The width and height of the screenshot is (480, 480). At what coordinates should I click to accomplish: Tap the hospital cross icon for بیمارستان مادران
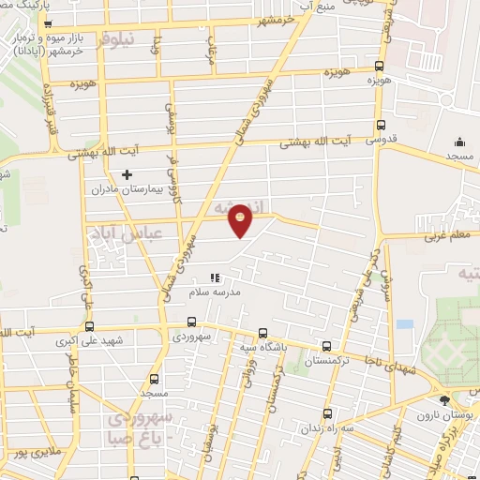pos(128,174)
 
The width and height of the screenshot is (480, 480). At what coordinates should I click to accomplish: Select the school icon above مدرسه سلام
pos(215,277)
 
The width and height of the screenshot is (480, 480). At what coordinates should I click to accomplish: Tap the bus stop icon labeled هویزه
pos(379,67)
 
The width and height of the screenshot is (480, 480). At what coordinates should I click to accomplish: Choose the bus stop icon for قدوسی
pos(380,125)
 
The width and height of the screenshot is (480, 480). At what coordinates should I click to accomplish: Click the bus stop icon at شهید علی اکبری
pos(89,327)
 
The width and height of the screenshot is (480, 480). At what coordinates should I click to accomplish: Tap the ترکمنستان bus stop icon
pos(325,345)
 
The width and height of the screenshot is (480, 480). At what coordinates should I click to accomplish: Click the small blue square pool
pos(404,324)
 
